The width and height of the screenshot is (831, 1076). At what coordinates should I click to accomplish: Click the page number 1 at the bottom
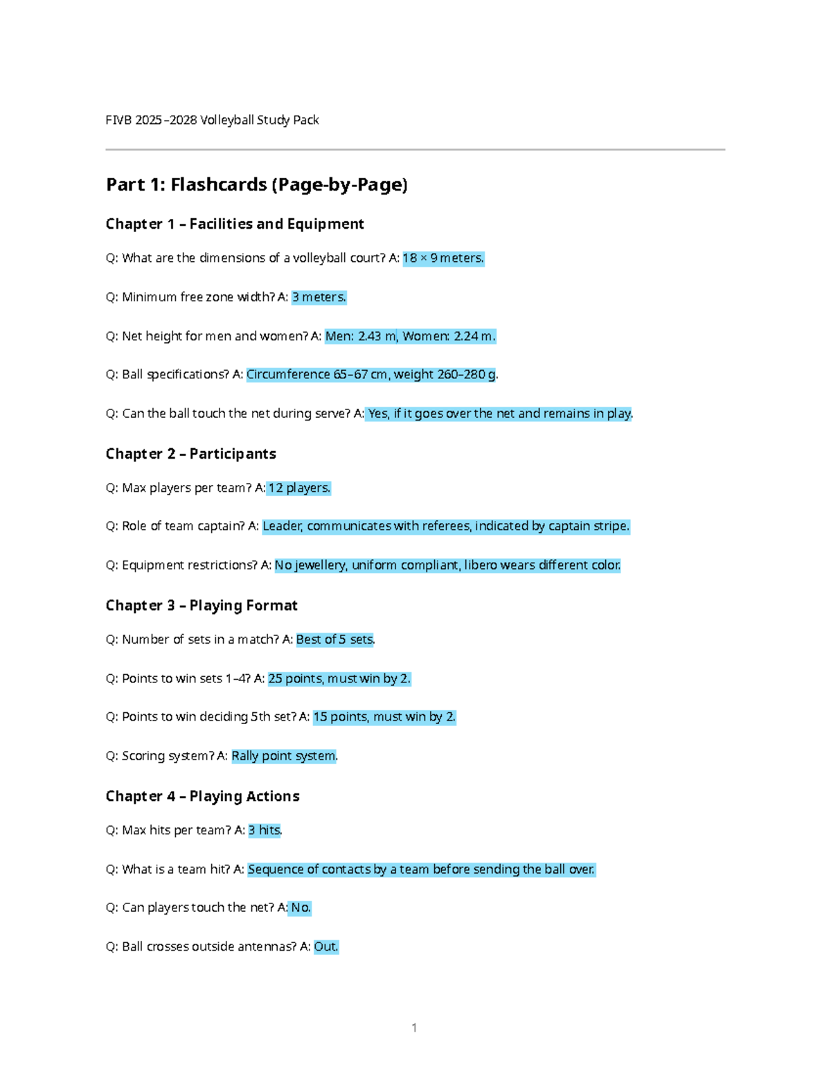(x=414, y=1028)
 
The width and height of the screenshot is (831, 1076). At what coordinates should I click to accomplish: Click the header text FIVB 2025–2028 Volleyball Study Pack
(x=212, y=120)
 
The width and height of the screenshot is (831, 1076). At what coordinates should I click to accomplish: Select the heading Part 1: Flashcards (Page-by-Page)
(x=256, y=184)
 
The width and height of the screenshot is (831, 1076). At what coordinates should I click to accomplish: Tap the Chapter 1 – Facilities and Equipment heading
(x=235, y=224)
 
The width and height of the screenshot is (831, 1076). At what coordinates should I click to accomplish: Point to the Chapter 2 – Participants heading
(x=190, y=454)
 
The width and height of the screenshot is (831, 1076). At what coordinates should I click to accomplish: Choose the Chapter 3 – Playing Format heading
(x=202, y=606)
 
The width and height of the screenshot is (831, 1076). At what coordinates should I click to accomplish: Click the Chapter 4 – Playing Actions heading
(x=202, y=796)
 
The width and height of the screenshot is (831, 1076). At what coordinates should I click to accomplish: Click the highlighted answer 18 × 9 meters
(x=443, y=258)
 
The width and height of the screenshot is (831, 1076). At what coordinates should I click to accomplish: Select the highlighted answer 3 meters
(x=319, y=297)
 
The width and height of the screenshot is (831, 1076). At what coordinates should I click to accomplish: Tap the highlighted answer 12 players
(x=299, y=488)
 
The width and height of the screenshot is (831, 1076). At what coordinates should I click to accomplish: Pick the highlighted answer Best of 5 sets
(x=335, y=640)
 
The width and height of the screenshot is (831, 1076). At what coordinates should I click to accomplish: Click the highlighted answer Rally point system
(x=284, y=756)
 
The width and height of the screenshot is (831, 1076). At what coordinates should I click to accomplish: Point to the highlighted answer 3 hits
(x=265, y=830)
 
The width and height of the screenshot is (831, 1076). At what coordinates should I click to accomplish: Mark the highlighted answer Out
(x=326, y=946)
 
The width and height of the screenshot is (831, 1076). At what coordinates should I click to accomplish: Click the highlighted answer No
(x=301, y=908)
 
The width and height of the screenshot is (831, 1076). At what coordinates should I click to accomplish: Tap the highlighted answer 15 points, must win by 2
(x=384, y=717)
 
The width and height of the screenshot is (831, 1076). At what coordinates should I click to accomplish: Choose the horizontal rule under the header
(x=415, y=150)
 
